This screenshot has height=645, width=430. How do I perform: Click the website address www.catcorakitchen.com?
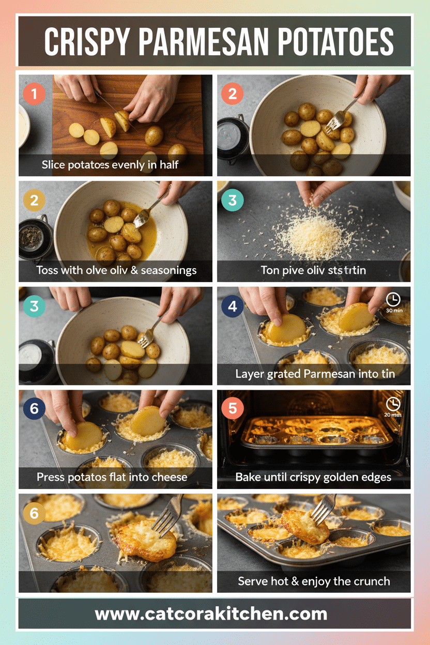point(211,614)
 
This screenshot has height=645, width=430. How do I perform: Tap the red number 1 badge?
point(34,95)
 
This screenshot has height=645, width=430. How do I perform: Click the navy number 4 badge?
point(233,306)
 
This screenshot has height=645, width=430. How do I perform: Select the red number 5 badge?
point(233,409)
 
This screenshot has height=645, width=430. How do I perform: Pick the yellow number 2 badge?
point(34,201)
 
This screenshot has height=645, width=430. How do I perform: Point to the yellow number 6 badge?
point(34,513)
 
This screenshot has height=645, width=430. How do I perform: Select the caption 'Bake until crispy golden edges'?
point(313,477)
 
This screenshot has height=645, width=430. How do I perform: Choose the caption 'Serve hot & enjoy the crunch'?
point(314,581)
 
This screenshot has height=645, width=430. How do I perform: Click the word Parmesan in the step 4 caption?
point(328,374)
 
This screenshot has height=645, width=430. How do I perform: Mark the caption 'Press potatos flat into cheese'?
point(112,477)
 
